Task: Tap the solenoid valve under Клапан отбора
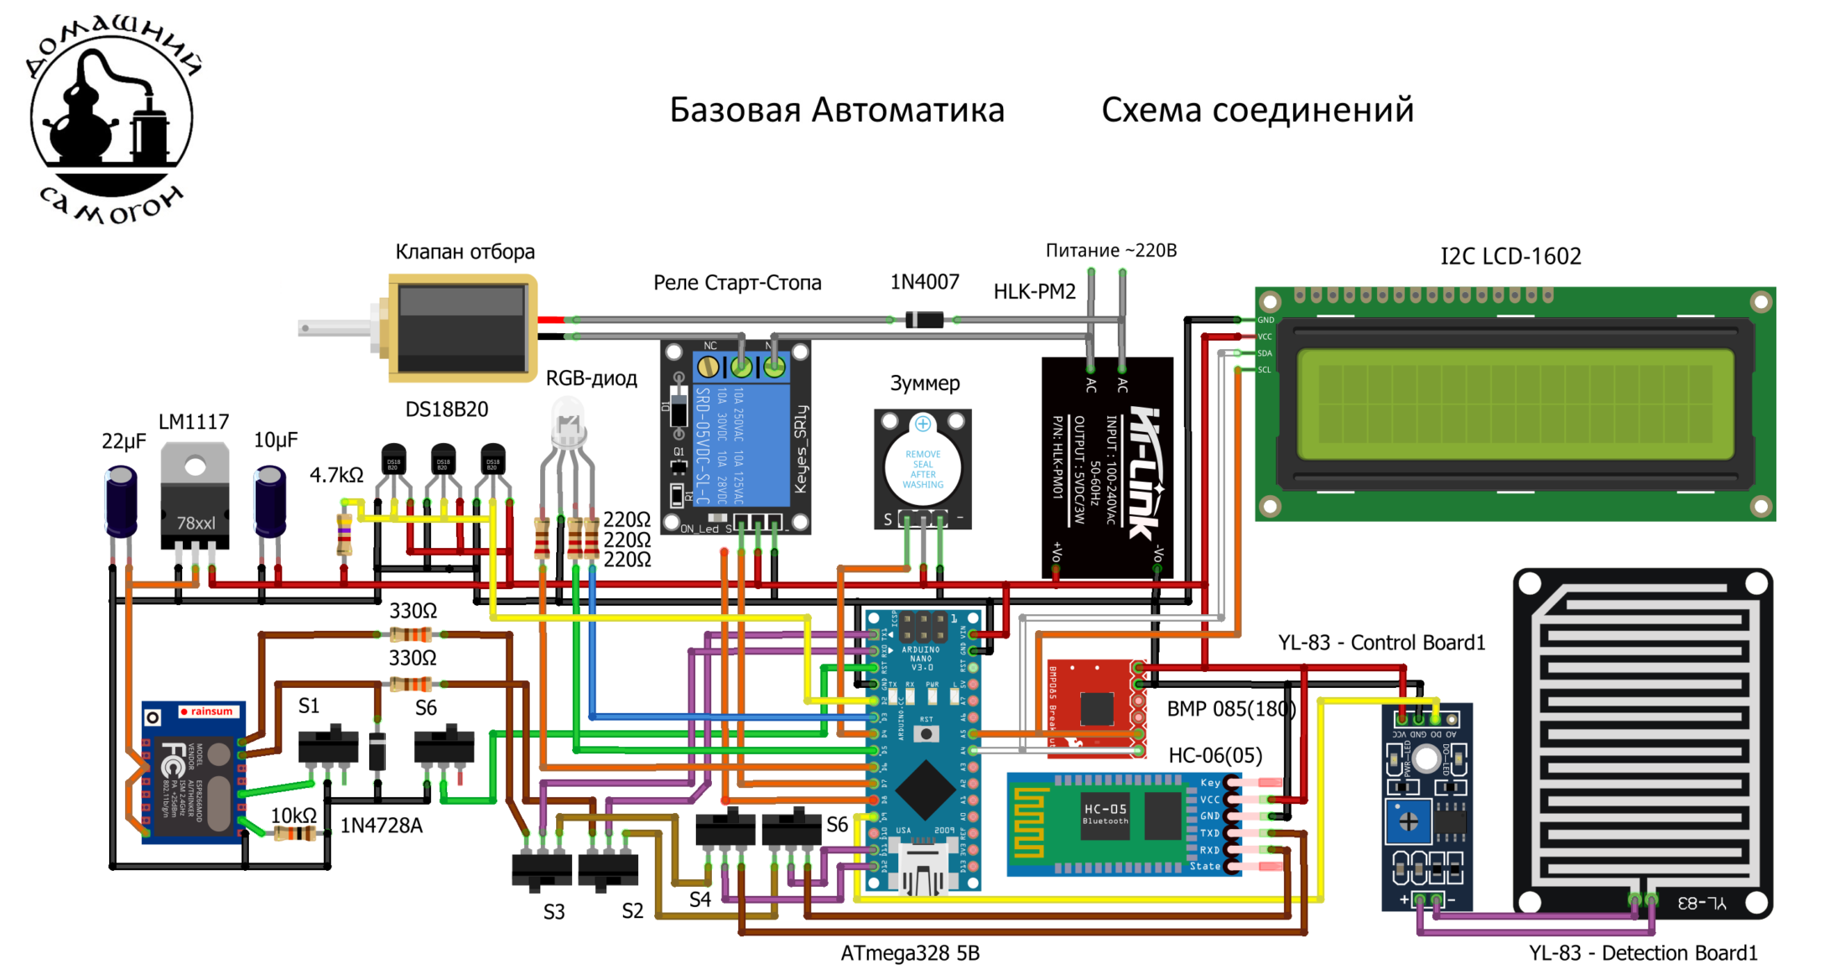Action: pyautogui.click(x=461, y=328)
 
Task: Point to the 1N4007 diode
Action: pyautogui.click(x=924, y=320)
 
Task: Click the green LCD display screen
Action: pyautogui.click(x=1515, y=405)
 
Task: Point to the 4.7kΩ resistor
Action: pyautogui.click(x=344, y=534)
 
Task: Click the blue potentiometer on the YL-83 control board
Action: pyautogui.click(x=1408, y=821)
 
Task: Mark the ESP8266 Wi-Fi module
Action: pyautogui.click(x=193, y=772)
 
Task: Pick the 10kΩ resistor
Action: pyautogui.click(x=294, y=833)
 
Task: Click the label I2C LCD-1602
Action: pyautogui.click(x=1510, y=257)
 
